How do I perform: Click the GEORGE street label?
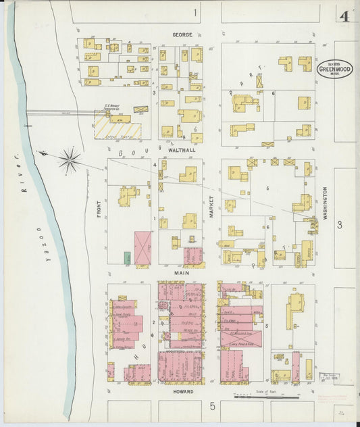tap(182, 34)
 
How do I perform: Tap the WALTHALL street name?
tap(184, 150)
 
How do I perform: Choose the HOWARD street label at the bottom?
tap(183, 391)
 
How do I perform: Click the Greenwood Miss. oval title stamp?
tap(334, 69)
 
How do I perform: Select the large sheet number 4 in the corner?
tap(344, 16)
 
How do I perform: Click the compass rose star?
tap(69, 161)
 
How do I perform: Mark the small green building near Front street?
tap(127, 257)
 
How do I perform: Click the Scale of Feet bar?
tap(257, 397)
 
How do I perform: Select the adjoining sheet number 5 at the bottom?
tap(211, 406)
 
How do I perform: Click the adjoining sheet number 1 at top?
tap(196, 12)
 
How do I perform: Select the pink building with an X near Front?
tap(143, 248)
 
